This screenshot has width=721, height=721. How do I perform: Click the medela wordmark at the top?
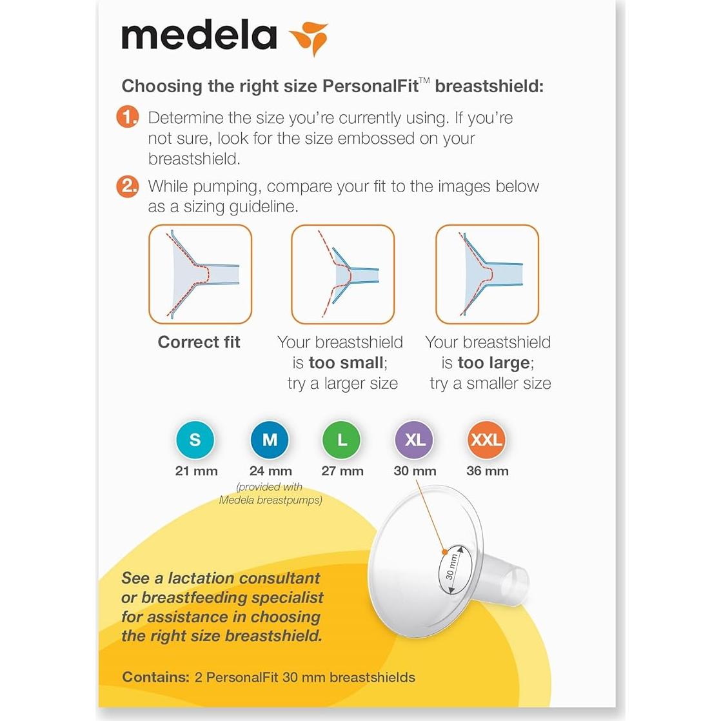pyautogui.click(x=199, y=36)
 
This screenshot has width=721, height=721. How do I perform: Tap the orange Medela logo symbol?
pyautogui.click(x=309, y=38)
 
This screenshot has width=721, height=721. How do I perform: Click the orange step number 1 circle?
pyautogui.click(x=128, y=117)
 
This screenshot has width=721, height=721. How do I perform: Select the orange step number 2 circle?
pyautogui.click(x=128, y=186)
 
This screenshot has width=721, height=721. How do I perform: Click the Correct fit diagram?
pyautogui.click(x=200, y=274)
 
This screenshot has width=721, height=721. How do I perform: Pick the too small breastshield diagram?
pyautogui.click(x=342, y=274)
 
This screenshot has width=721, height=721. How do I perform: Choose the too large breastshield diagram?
pyautogui.click(x=487, y=274)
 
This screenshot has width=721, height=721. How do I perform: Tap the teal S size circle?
pyautogui.click(x=195, y=440)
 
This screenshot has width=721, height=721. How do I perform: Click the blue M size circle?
pyautogui.click(x=270, y=440)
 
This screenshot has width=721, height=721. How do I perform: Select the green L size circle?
pyautogui.click(x=342, y=440)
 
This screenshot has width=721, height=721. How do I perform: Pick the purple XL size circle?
pyautogui.click(x=415, y=440)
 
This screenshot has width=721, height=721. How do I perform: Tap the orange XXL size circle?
pyautogui.click(x=487, y=440)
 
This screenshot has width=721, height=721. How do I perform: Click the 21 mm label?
pyautogui.click(x=196, y=471)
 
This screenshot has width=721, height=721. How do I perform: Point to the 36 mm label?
pyautogui.click(x=487, y=471)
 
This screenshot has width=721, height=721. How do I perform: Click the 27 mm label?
pyautogui.click(x=342, y=471)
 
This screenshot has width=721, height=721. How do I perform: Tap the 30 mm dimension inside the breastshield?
pyautogui.click(x=452, y=566)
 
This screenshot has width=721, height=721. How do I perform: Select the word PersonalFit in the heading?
pyautogui.click(x=370, y=86)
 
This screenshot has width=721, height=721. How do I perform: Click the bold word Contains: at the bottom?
pyautogui.click(x=155, y=677)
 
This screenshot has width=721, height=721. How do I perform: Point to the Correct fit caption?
pyautogui.click(x=199, y=342)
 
